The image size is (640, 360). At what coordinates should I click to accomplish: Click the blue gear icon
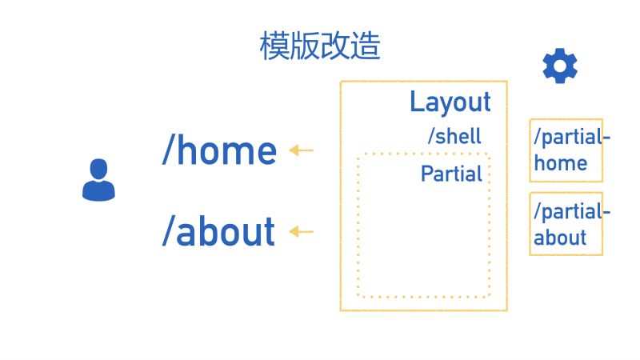pos(560,66)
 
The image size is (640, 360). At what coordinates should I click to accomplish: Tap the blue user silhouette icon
pos(98,180)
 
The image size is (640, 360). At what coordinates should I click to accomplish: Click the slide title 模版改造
pos(320,46)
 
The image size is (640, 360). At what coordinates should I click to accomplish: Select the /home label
pos(219,150)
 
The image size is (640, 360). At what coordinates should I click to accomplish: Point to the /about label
pos(218,232)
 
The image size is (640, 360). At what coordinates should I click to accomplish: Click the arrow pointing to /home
pos(302,150)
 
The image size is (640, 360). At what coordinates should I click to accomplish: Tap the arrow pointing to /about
pos(302,232)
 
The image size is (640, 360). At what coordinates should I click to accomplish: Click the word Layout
pos(450,102)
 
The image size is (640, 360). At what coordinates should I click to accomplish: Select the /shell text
pos(454,136)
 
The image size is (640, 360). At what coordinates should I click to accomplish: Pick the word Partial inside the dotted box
pos(452,174)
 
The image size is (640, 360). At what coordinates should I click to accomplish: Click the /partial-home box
pos(566,150)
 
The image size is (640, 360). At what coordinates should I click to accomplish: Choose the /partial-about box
pos(566,224)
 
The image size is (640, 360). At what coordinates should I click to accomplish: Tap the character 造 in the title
pos(366,46)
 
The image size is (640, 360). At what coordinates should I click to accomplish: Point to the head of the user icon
pos(98,170)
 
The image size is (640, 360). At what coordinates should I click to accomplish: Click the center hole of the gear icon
pos(560,66)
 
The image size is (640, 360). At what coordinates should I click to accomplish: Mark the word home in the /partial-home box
pos(561,163)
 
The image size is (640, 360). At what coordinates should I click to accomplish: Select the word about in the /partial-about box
pos(561,238)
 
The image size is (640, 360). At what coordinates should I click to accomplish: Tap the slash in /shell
pos(432,136)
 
